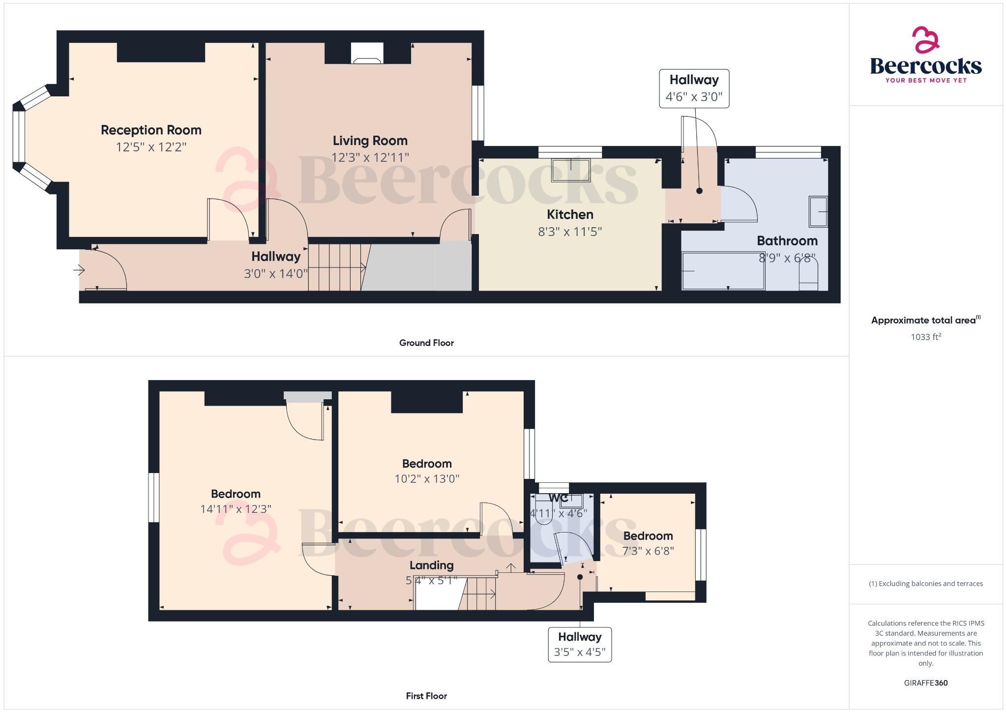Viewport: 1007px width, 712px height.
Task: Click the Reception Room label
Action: point(151,130)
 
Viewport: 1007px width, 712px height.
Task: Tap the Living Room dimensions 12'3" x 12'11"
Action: point(370,157)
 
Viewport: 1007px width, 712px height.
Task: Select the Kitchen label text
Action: point(570,214)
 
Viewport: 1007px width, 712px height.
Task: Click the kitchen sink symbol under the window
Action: point(571,170)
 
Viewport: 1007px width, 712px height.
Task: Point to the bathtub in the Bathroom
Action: point(723,271)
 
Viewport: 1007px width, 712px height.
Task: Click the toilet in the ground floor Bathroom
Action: point(808,276)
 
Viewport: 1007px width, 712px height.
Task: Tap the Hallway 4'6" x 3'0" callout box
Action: point(694,89)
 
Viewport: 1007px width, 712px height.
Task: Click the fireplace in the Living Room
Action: point(367,54)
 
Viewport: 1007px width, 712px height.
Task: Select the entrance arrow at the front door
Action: point(79,270)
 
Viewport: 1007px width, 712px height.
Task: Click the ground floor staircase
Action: point(337,267)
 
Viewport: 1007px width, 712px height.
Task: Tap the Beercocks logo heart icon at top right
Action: point(925,40)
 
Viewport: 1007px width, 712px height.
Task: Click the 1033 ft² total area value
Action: point(925,337)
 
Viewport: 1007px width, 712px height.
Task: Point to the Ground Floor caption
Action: point(426,343)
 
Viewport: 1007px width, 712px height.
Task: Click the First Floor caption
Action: point(426,696)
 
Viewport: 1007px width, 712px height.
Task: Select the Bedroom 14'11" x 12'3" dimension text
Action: point(236,509)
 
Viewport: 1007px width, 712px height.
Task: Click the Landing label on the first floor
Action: point(431,565)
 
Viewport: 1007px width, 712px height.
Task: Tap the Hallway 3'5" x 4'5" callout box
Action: point(580,645)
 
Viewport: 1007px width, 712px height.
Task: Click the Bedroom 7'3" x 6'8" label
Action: point(648,536)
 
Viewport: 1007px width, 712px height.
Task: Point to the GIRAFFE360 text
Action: point(925,682)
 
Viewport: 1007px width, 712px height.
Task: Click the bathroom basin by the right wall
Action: point(818,211)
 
